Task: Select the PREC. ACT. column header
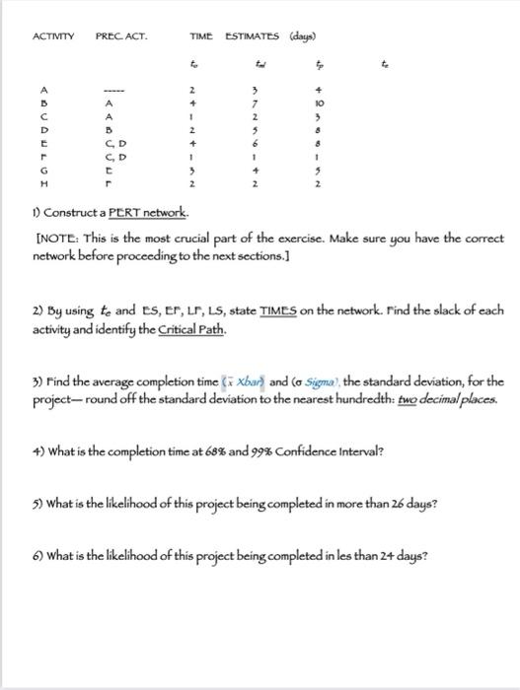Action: [x=120, y=36]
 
